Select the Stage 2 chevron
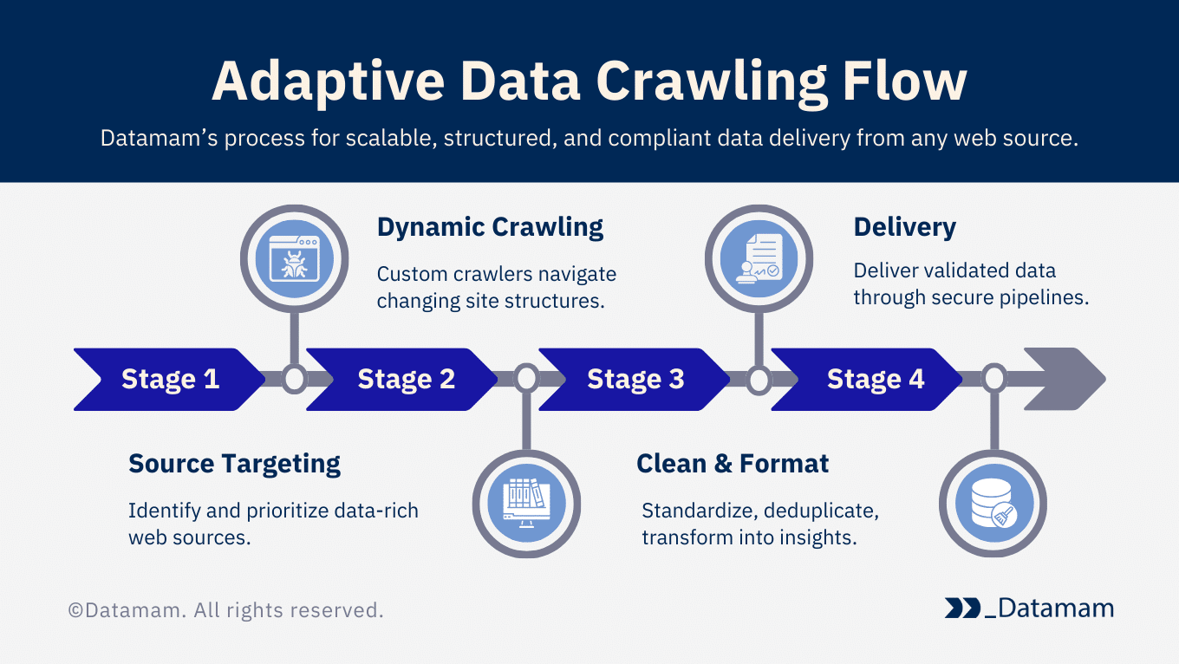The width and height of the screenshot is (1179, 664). click(404, 379)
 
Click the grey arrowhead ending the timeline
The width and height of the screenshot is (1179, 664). click(1065, 379)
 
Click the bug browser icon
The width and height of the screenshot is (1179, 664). click(294, 258)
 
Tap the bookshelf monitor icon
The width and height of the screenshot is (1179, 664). click(526, 503)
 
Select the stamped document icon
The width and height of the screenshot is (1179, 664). click(759, 258)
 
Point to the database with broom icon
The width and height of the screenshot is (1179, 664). click(993, 503)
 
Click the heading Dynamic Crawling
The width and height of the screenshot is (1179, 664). click(490, 227)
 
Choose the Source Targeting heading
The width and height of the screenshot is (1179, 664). click(234, 464)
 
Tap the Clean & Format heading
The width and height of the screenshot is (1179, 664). click(733, 464)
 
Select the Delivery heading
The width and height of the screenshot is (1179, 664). click(904, 227)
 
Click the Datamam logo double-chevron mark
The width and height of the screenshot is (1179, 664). click(962, 609)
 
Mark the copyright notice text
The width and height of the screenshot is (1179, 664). click(225, 610)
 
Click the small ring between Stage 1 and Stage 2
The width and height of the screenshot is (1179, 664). click(294, 379)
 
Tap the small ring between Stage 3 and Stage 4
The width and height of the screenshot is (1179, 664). click(759, 379)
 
